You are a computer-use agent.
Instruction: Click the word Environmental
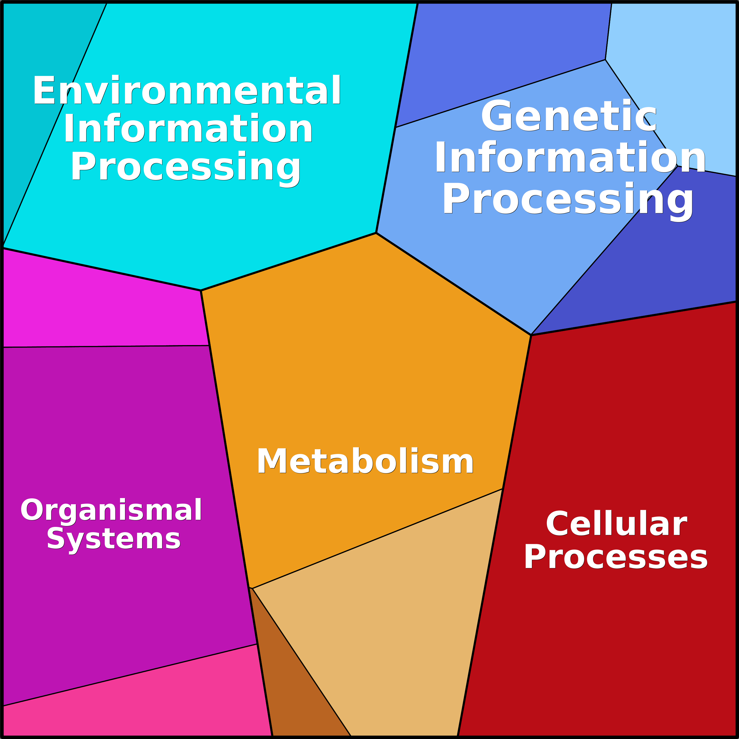pos(187,90)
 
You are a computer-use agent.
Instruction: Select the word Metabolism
pos(365,461)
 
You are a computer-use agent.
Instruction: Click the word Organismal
pos(111,510)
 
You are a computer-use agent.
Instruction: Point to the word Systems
pos(113,539)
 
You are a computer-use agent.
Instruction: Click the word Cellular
pos(616,524)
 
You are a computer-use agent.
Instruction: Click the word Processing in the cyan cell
pos(186,167)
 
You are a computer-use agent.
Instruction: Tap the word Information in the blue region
pos(570,157)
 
